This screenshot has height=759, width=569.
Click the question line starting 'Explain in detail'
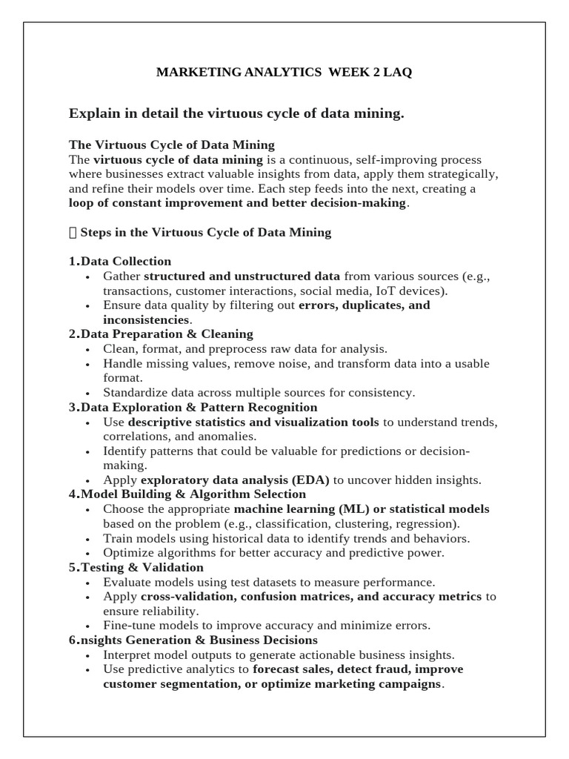point(236,113)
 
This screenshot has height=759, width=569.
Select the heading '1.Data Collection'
point(120,261)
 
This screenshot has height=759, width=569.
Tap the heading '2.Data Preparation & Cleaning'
point(161,334)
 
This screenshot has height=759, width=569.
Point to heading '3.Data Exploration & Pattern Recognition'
point(193,407)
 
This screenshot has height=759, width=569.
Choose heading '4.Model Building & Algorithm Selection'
point(187,494)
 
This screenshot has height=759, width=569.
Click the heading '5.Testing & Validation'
point(136,567)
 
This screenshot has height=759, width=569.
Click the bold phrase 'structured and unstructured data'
point(242,276)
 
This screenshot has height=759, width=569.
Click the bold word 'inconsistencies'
point(146,319)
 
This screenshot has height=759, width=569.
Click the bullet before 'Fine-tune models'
point(87,626)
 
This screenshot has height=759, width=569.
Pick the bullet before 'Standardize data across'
point(87,393)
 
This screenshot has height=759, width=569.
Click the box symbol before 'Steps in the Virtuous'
point(72,233)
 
